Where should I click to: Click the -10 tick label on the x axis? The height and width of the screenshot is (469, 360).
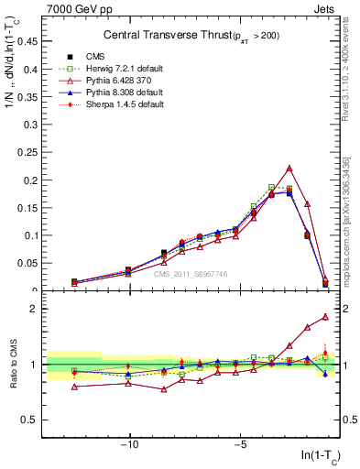(x=129, y=446)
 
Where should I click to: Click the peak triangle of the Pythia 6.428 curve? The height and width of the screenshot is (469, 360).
(x=289, y=169)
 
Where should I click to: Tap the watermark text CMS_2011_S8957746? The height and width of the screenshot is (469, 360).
(x=191, y=273)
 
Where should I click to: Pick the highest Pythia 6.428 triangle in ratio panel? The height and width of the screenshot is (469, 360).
(x=325, y=317)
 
